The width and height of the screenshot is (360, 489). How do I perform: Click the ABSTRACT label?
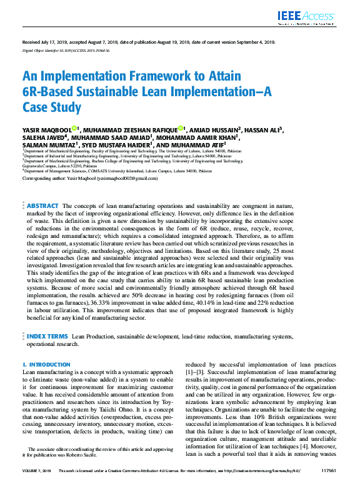tap(42, 205)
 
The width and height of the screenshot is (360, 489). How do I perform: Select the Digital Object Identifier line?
tap(66, 50)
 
